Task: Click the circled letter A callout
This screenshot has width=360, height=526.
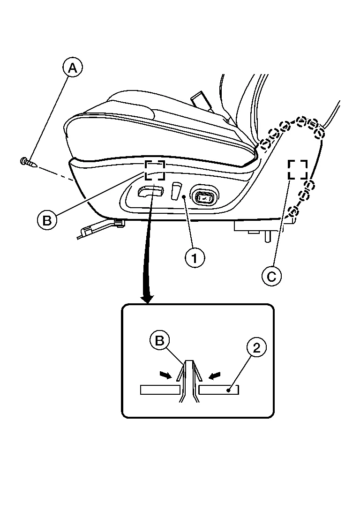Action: click(73, 68)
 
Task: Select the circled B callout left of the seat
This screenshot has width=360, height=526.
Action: click(47, 220)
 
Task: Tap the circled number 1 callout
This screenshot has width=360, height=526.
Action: click(195, 258)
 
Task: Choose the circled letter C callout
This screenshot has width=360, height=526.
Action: click(272, 276)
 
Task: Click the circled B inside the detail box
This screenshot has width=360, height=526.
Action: click(160, 341)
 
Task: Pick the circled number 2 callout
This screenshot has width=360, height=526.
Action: click(256, 348)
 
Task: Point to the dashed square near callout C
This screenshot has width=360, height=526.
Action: click(298, 169)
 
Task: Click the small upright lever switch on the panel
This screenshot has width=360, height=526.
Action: click(176, 191)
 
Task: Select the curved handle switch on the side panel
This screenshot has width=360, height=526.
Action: click(150, 192)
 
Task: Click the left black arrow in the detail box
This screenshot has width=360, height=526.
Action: click(166, 375)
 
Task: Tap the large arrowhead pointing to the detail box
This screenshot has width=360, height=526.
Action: click(147, 298)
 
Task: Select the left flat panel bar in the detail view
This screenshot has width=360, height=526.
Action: click(160, 390)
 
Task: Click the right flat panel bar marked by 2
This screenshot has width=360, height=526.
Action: click(219, 390)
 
